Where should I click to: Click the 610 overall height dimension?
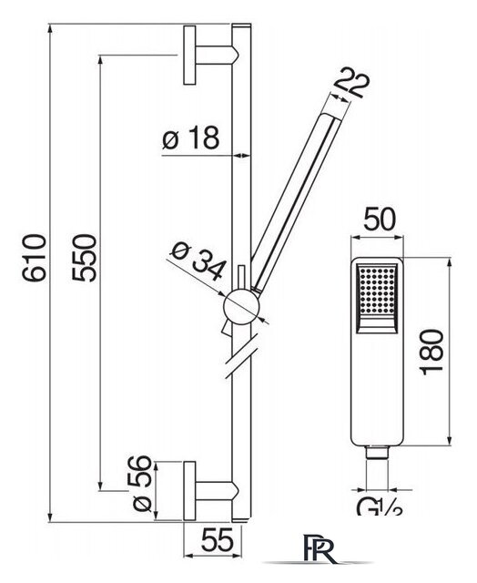[35, 258]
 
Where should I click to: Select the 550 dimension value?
[84, 258]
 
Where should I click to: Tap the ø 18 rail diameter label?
[191, 138]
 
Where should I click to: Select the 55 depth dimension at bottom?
[218, 540]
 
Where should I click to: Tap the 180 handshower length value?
[431, 352]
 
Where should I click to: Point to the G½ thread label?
[380, 507]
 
